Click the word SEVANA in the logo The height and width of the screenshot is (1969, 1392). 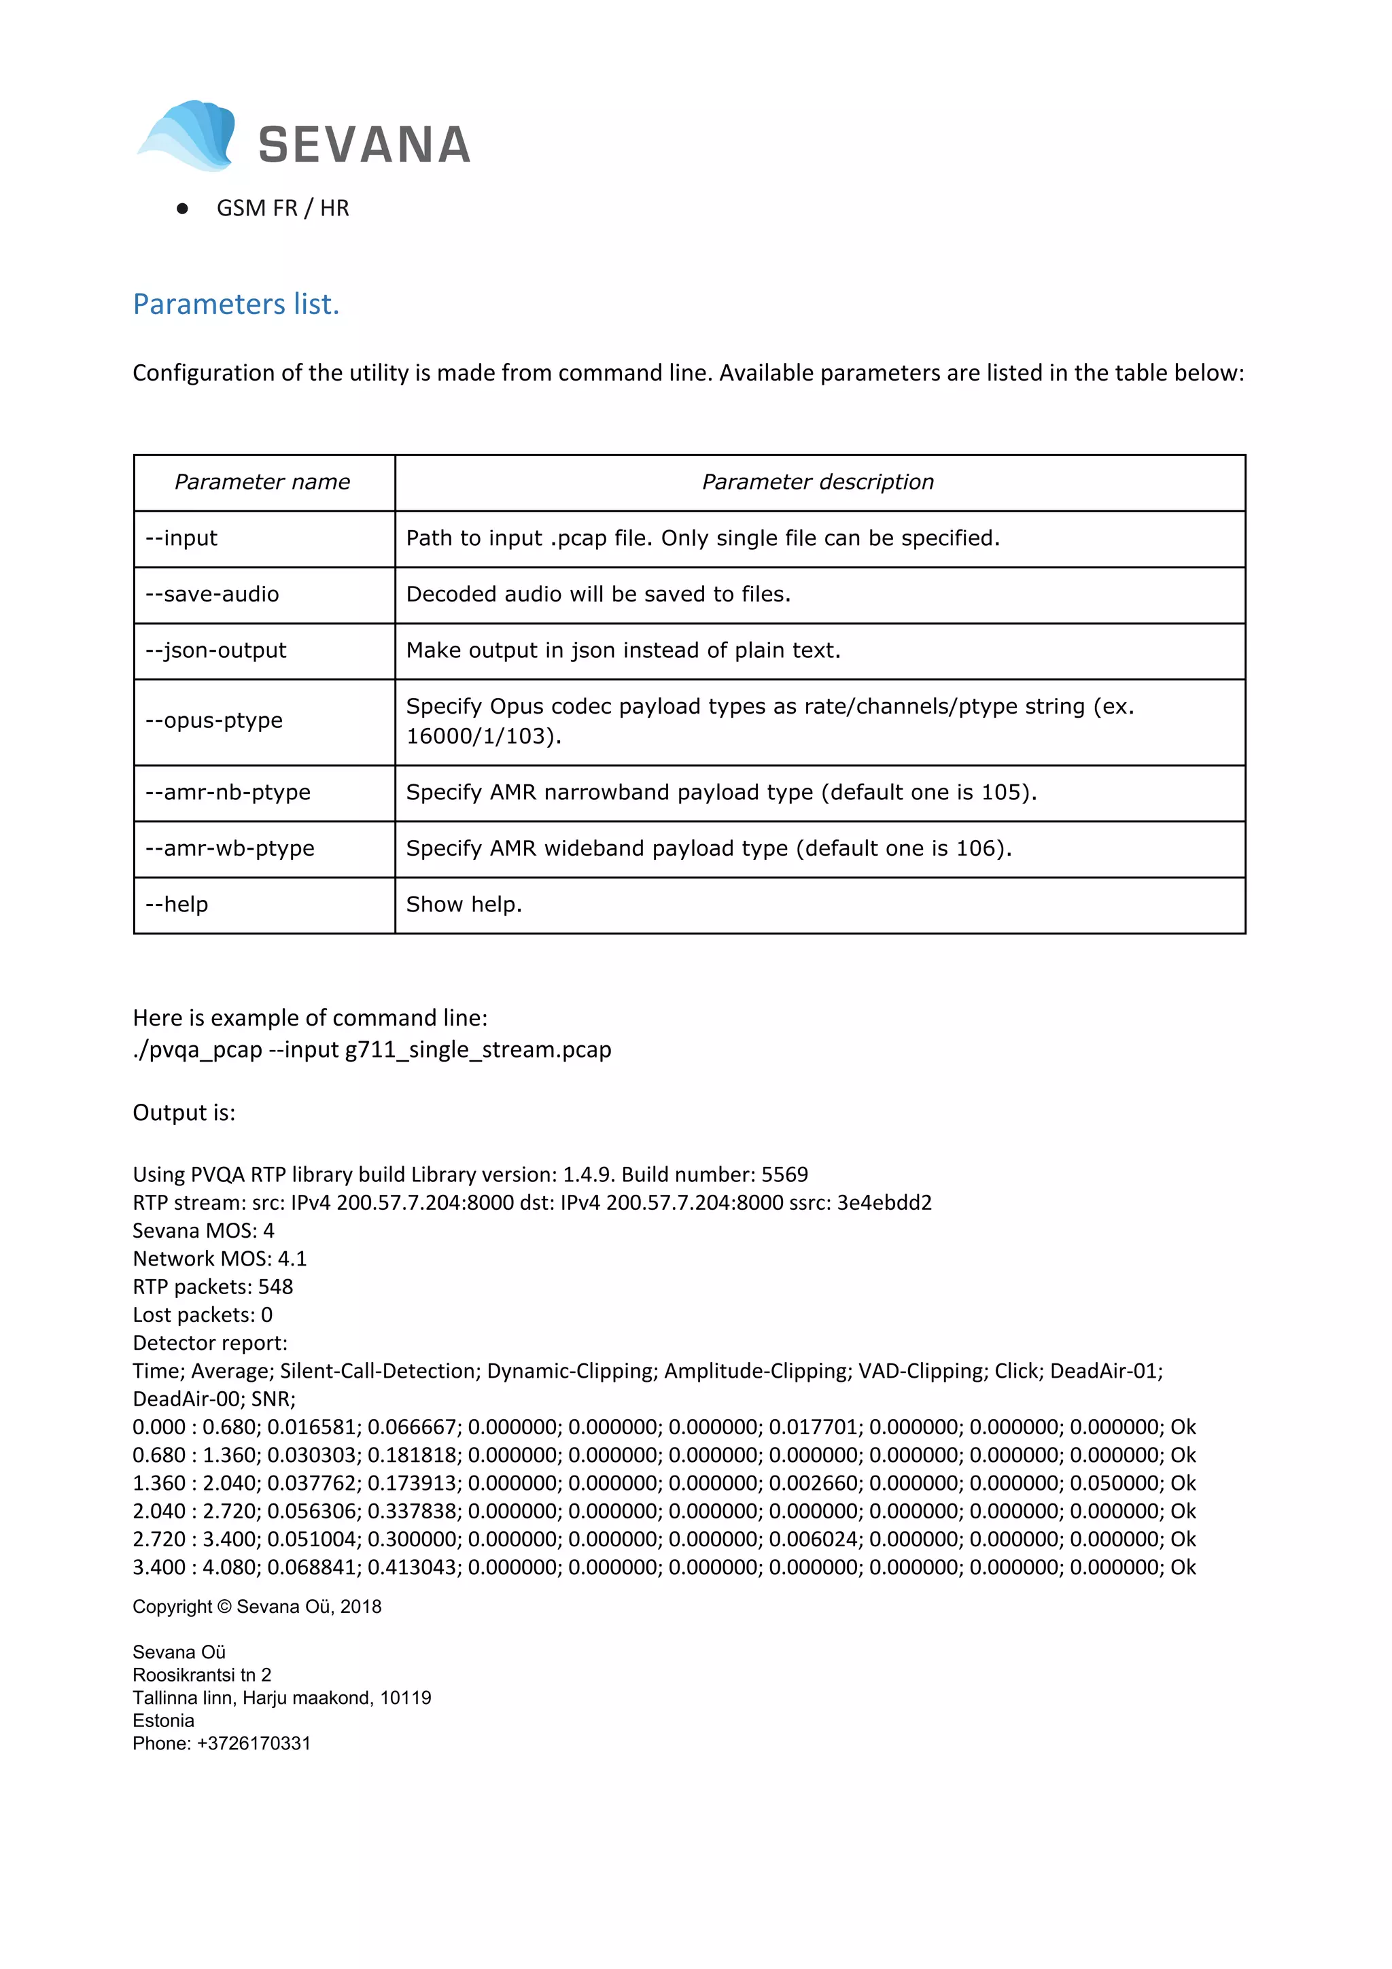click(364, 145)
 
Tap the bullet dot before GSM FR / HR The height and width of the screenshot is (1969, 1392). click(182, 209)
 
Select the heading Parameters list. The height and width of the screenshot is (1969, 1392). click(236, 304)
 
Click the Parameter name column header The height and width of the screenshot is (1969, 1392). click(262, 482)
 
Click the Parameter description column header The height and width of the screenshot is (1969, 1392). click(818, 482)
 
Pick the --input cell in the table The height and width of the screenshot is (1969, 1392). click(181, 538)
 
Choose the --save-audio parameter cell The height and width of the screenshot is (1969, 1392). click(212, 594)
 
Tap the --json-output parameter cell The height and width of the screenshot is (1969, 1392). click(215, 650)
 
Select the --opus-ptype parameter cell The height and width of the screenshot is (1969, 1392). click(213, 720)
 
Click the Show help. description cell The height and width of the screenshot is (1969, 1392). click(463, 905)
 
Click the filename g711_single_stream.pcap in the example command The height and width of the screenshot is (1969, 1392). click(478, 1049)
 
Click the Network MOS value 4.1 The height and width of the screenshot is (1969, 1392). click(292, 1258)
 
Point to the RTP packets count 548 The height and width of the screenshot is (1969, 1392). click(275, 1287)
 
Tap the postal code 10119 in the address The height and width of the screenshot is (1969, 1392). click(406, 1697)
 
